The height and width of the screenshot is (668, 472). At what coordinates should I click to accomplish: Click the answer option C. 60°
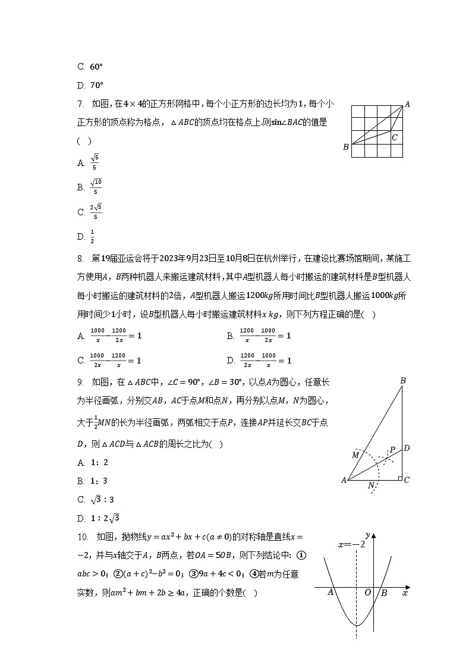click(90, 67)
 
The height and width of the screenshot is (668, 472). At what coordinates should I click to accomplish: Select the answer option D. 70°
click(90, 85)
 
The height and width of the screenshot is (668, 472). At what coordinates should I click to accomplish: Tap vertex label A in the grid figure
click(407, 105)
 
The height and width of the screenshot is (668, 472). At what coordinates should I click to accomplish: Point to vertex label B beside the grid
click(345, 147)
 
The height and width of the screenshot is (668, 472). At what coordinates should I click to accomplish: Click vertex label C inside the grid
click(394, 137)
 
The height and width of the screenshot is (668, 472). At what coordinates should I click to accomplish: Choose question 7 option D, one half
click(87, 237)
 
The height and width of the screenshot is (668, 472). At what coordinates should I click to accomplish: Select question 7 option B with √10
click(90, 187)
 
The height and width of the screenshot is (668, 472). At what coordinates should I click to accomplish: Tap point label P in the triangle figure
click(392, 450)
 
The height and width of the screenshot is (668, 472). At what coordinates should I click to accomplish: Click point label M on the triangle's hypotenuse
click(355, 455)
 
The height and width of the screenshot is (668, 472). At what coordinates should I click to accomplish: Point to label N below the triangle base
click(371, 485)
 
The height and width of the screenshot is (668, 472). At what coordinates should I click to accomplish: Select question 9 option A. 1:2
click(93, 462)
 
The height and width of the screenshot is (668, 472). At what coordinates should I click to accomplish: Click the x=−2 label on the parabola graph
click(351, 544)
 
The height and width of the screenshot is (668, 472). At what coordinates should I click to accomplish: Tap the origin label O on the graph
click(367, 592)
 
